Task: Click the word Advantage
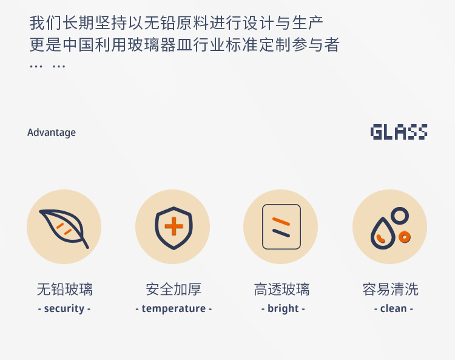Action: pos(52,133)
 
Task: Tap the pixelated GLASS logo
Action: pos(399,132)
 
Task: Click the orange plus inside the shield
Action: pos(174,226)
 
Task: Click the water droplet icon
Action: pos(372,235)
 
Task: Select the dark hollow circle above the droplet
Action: pos(400,208)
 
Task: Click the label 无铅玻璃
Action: pos(65,289)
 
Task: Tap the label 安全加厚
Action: pos(174,289)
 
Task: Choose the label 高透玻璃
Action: pos(281,289)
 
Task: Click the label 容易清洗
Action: pos(391,289)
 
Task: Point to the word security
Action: pos(64,308)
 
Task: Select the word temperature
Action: pos(174,308)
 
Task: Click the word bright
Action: pos(283,308)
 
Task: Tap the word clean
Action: pos(394,308)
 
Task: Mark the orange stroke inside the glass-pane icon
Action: pos(281,221)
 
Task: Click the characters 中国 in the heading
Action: pos(78,45)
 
